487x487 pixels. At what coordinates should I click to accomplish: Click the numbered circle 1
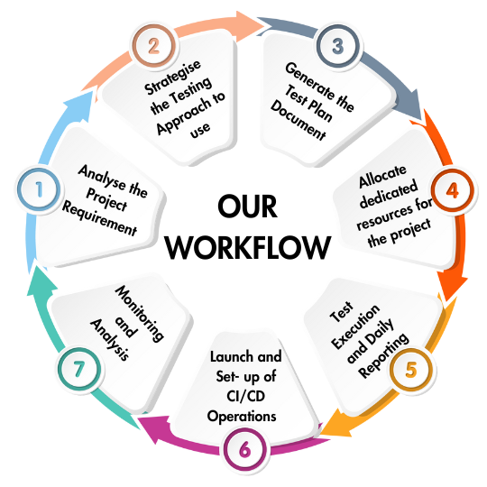pos(39,189)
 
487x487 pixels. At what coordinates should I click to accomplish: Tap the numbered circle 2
pos(154,46)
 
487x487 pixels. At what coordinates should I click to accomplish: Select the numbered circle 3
pos(338,46)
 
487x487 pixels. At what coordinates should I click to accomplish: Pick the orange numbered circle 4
pos(452,190)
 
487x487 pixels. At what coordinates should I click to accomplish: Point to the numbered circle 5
pos(410,370)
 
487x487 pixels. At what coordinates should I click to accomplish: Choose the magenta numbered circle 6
pos(245,449)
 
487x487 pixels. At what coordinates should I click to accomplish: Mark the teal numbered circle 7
pos(79,369)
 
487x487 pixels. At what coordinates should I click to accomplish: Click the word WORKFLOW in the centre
pos(247,247)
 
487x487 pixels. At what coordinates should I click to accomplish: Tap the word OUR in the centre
pos(247,207)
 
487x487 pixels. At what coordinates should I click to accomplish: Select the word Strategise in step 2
pos(172,77)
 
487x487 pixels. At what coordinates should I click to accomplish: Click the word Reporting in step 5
pos(383,355)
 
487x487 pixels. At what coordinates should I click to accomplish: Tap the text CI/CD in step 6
pos(245,396)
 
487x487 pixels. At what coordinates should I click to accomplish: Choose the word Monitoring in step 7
pos(140,314)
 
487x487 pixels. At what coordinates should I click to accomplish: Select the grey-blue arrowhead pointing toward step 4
pos(410,105)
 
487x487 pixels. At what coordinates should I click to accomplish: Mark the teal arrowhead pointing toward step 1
pos(41,281)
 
